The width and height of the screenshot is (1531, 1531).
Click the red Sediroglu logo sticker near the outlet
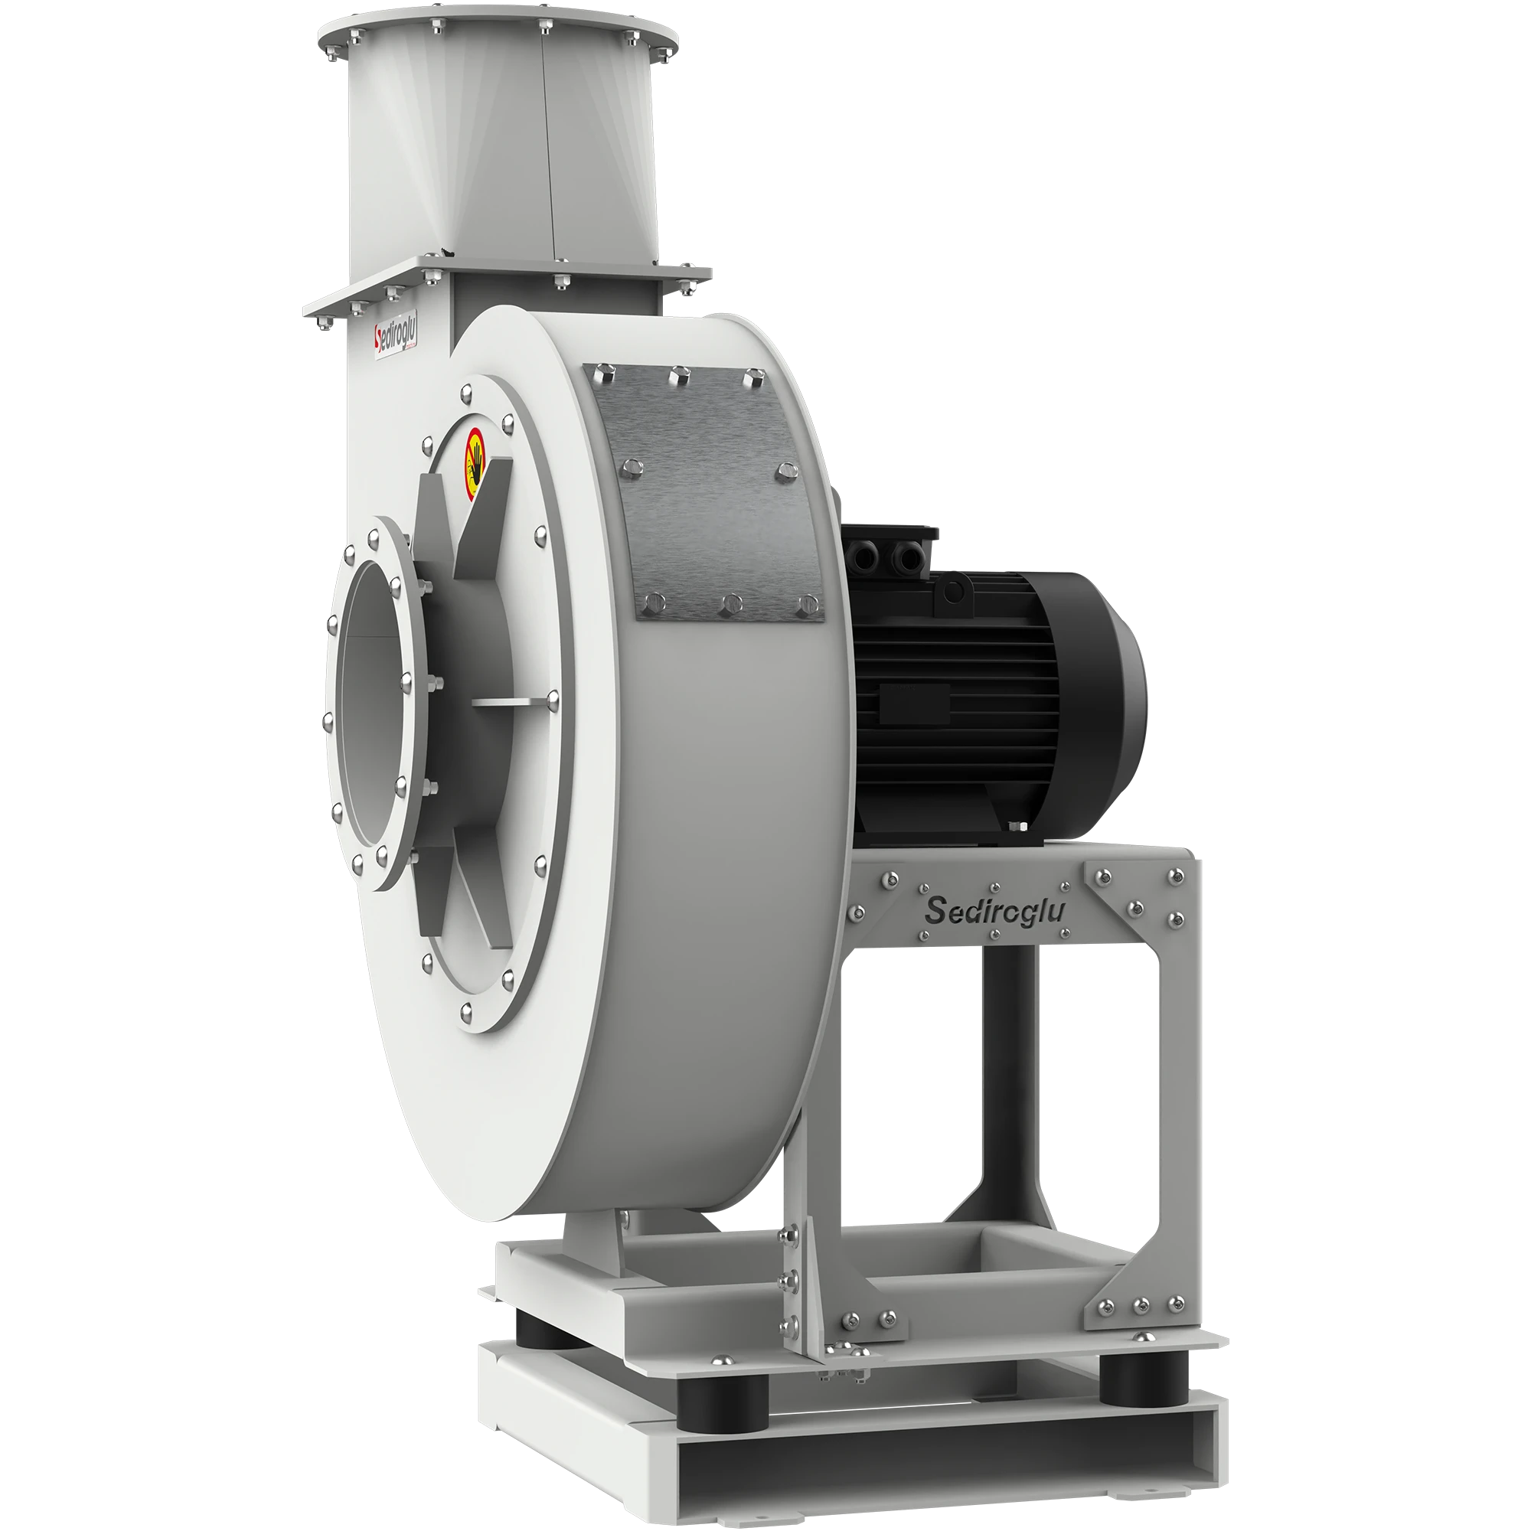coord(396,341)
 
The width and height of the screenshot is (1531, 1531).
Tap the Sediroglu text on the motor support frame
coord(994,910)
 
